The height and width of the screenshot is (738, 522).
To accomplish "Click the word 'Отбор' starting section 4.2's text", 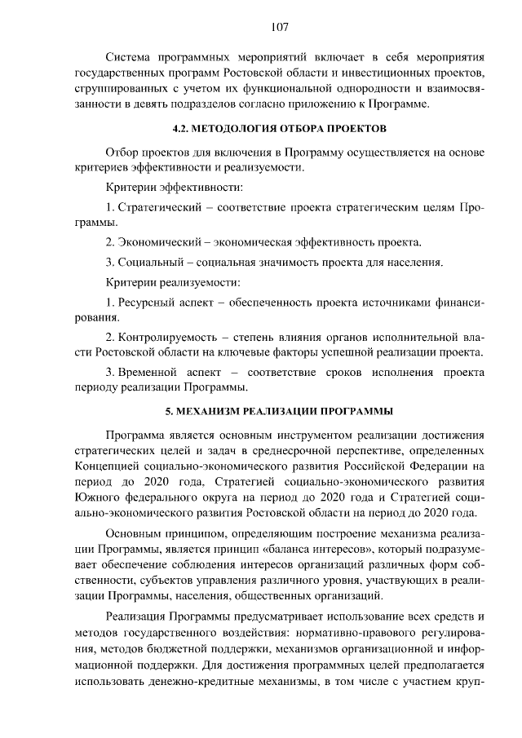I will pyautogui.click(x=122, y=152).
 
